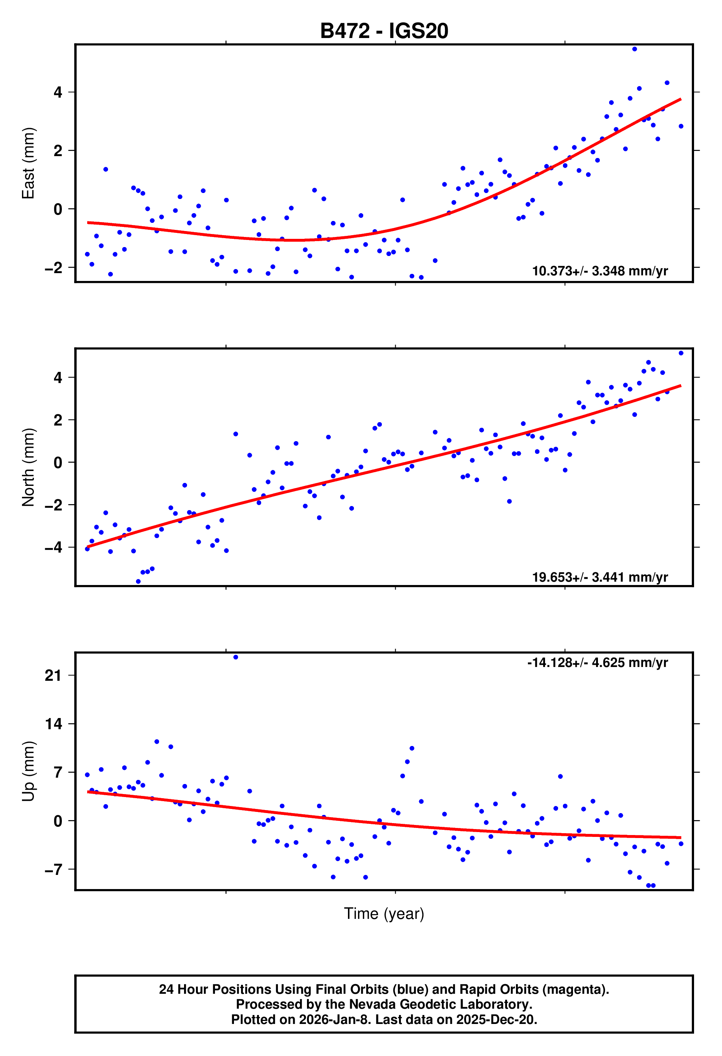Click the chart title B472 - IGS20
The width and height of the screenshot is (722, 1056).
point(384,31)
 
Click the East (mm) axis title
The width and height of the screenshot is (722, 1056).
point(28,163)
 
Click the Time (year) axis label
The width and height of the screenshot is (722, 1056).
point(384,913)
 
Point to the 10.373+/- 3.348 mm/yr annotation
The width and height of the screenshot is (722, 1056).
point(599,271)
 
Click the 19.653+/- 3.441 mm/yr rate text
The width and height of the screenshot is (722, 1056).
point(599,577)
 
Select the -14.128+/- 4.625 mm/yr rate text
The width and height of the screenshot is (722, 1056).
point(597,663)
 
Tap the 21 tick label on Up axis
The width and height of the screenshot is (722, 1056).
point(53,676)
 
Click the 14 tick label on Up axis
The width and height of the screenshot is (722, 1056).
point(53,724)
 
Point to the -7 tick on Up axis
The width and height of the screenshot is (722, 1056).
point(53,869)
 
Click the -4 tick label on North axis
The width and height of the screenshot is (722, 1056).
point(53,547)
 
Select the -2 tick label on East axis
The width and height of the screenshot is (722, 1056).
point(53,268)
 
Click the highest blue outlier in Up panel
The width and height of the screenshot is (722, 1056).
point(235,657)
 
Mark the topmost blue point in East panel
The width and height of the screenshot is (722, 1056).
point(634,49)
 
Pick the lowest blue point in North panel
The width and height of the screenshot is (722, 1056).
point(138,581)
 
